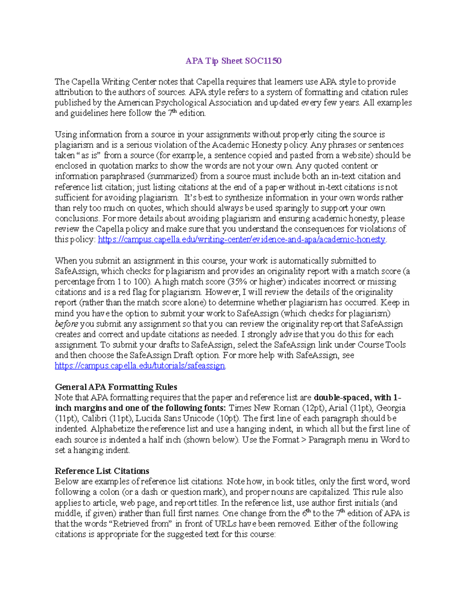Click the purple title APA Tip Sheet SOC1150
coord(233,61)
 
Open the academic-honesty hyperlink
coord(241,240)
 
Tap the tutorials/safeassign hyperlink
coord(140,366)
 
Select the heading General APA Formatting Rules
coord(116,387)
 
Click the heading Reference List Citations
coord(102,471)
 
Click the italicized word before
coord(66,324)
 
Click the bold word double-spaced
coord(341,397)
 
